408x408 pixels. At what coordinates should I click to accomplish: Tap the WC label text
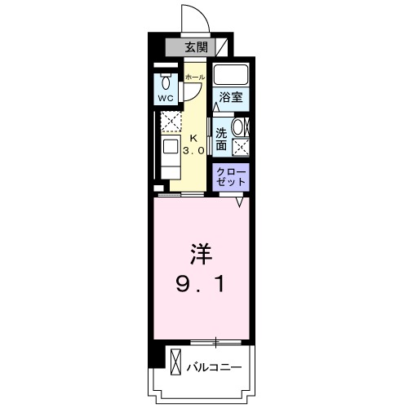166,98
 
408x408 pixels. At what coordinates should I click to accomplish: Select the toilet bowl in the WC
166,82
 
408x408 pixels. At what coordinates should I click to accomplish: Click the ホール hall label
193,77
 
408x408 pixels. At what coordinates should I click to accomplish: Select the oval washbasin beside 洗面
241,127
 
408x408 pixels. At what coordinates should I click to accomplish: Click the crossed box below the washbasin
241,147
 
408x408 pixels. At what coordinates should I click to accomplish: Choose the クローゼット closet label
231,176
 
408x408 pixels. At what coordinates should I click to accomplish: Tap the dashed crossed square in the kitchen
170,123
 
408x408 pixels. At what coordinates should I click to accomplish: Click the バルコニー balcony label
213,367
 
